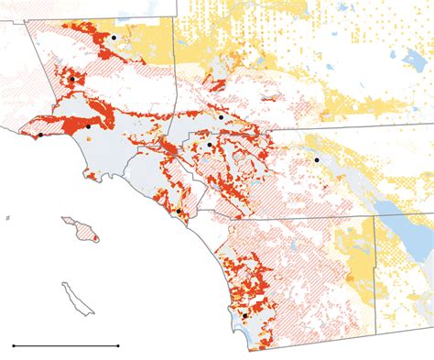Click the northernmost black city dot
click(114, 37)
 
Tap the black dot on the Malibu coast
click(40, 136)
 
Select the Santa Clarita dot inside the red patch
click(71, 80)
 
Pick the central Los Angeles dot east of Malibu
click(89, 125)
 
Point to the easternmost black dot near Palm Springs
click(317, 160)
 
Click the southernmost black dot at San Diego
click(244, 317)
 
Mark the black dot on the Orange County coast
click(178, 211)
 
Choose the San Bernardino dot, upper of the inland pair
click(222, 118)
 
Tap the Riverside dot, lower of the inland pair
click(210, 145)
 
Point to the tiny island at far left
click(8, 218)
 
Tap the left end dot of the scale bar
click(14, 345)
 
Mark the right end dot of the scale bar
click(119, 345)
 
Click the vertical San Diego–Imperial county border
click(374, 275)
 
